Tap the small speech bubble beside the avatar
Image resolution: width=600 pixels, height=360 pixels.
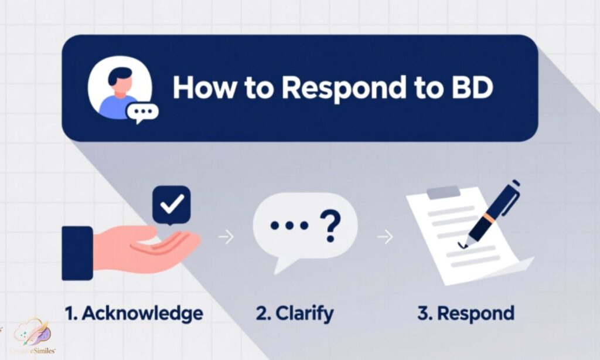click(140, 113)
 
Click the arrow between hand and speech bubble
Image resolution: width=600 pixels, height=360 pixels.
click(226, 237)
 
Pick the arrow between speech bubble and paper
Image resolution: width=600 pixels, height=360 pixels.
click(385, 237)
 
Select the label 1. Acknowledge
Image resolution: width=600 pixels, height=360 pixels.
click(135, 313)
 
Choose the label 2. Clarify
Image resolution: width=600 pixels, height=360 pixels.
click(295, 313)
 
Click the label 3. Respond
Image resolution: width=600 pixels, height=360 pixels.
click(466, 313)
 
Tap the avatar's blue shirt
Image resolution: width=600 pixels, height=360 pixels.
click(120, 106)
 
